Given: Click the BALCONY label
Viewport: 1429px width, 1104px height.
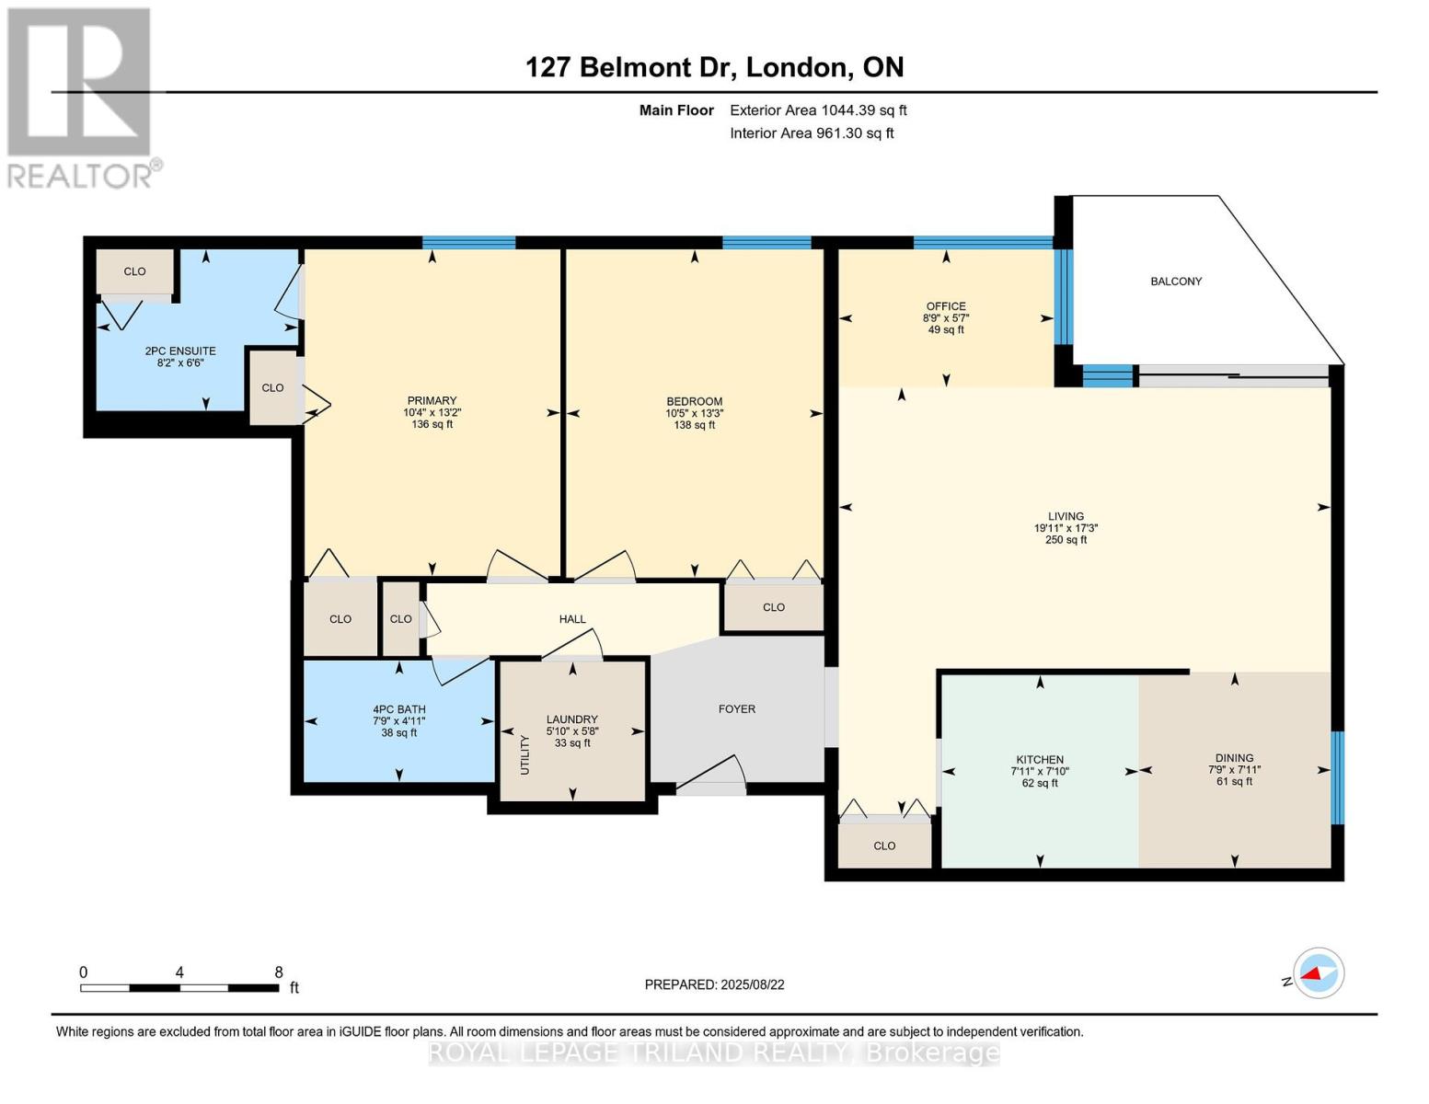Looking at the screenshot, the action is tap(1176, 282).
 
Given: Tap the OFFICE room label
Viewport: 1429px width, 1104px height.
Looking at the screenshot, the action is tap(946, 306).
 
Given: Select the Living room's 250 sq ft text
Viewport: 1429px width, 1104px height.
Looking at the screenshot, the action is tap(1066, 540).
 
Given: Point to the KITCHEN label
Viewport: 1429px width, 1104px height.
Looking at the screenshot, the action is tap(1040, 759).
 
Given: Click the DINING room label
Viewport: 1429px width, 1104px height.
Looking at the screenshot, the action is tap(1234, 758).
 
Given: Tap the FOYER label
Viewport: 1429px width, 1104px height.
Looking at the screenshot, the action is tap(736, 708).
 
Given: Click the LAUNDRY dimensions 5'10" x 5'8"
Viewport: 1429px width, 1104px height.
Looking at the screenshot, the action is tap(572, 731).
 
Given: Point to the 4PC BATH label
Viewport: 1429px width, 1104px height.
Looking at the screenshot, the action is tap(399, 709).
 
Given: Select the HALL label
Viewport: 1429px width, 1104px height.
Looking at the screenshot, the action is tap(572, 619).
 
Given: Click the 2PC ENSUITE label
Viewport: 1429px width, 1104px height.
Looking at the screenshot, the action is tap(180, 351).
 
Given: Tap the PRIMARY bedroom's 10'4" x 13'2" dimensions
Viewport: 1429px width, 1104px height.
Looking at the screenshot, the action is tap(432, 413).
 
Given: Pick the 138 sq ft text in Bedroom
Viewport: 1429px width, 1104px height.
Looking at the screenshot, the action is tap(695, 425).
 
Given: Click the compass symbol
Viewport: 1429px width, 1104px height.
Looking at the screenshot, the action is tap(1319, 973).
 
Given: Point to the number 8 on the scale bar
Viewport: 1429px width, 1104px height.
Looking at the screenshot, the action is tap(279, 972).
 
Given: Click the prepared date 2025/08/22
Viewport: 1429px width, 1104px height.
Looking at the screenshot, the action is tap(753, 985).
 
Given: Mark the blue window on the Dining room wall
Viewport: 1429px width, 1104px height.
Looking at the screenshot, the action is tap(1338, 777).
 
